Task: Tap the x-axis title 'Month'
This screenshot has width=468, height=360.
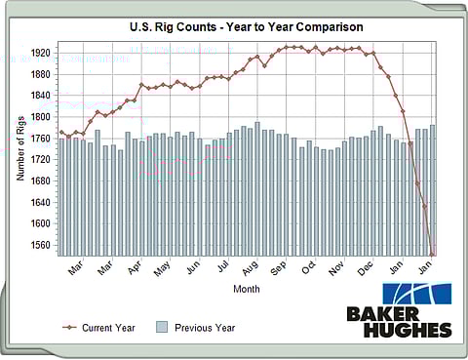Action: (246, 289)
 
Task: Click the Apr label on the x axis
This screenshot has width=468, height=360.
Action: (135, 267)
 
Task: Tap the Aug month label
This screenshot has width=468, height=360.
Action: (250, 267)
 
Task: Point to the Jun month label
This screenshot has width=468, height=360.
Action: (192, 267)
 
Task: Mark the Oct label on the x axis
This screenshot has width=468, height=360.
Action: (309, 267)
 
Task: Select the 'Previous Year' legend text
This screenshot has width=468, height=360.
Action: (204, 328)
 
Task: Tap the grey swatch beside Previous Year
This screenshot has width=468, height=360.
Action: (163, 328)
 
